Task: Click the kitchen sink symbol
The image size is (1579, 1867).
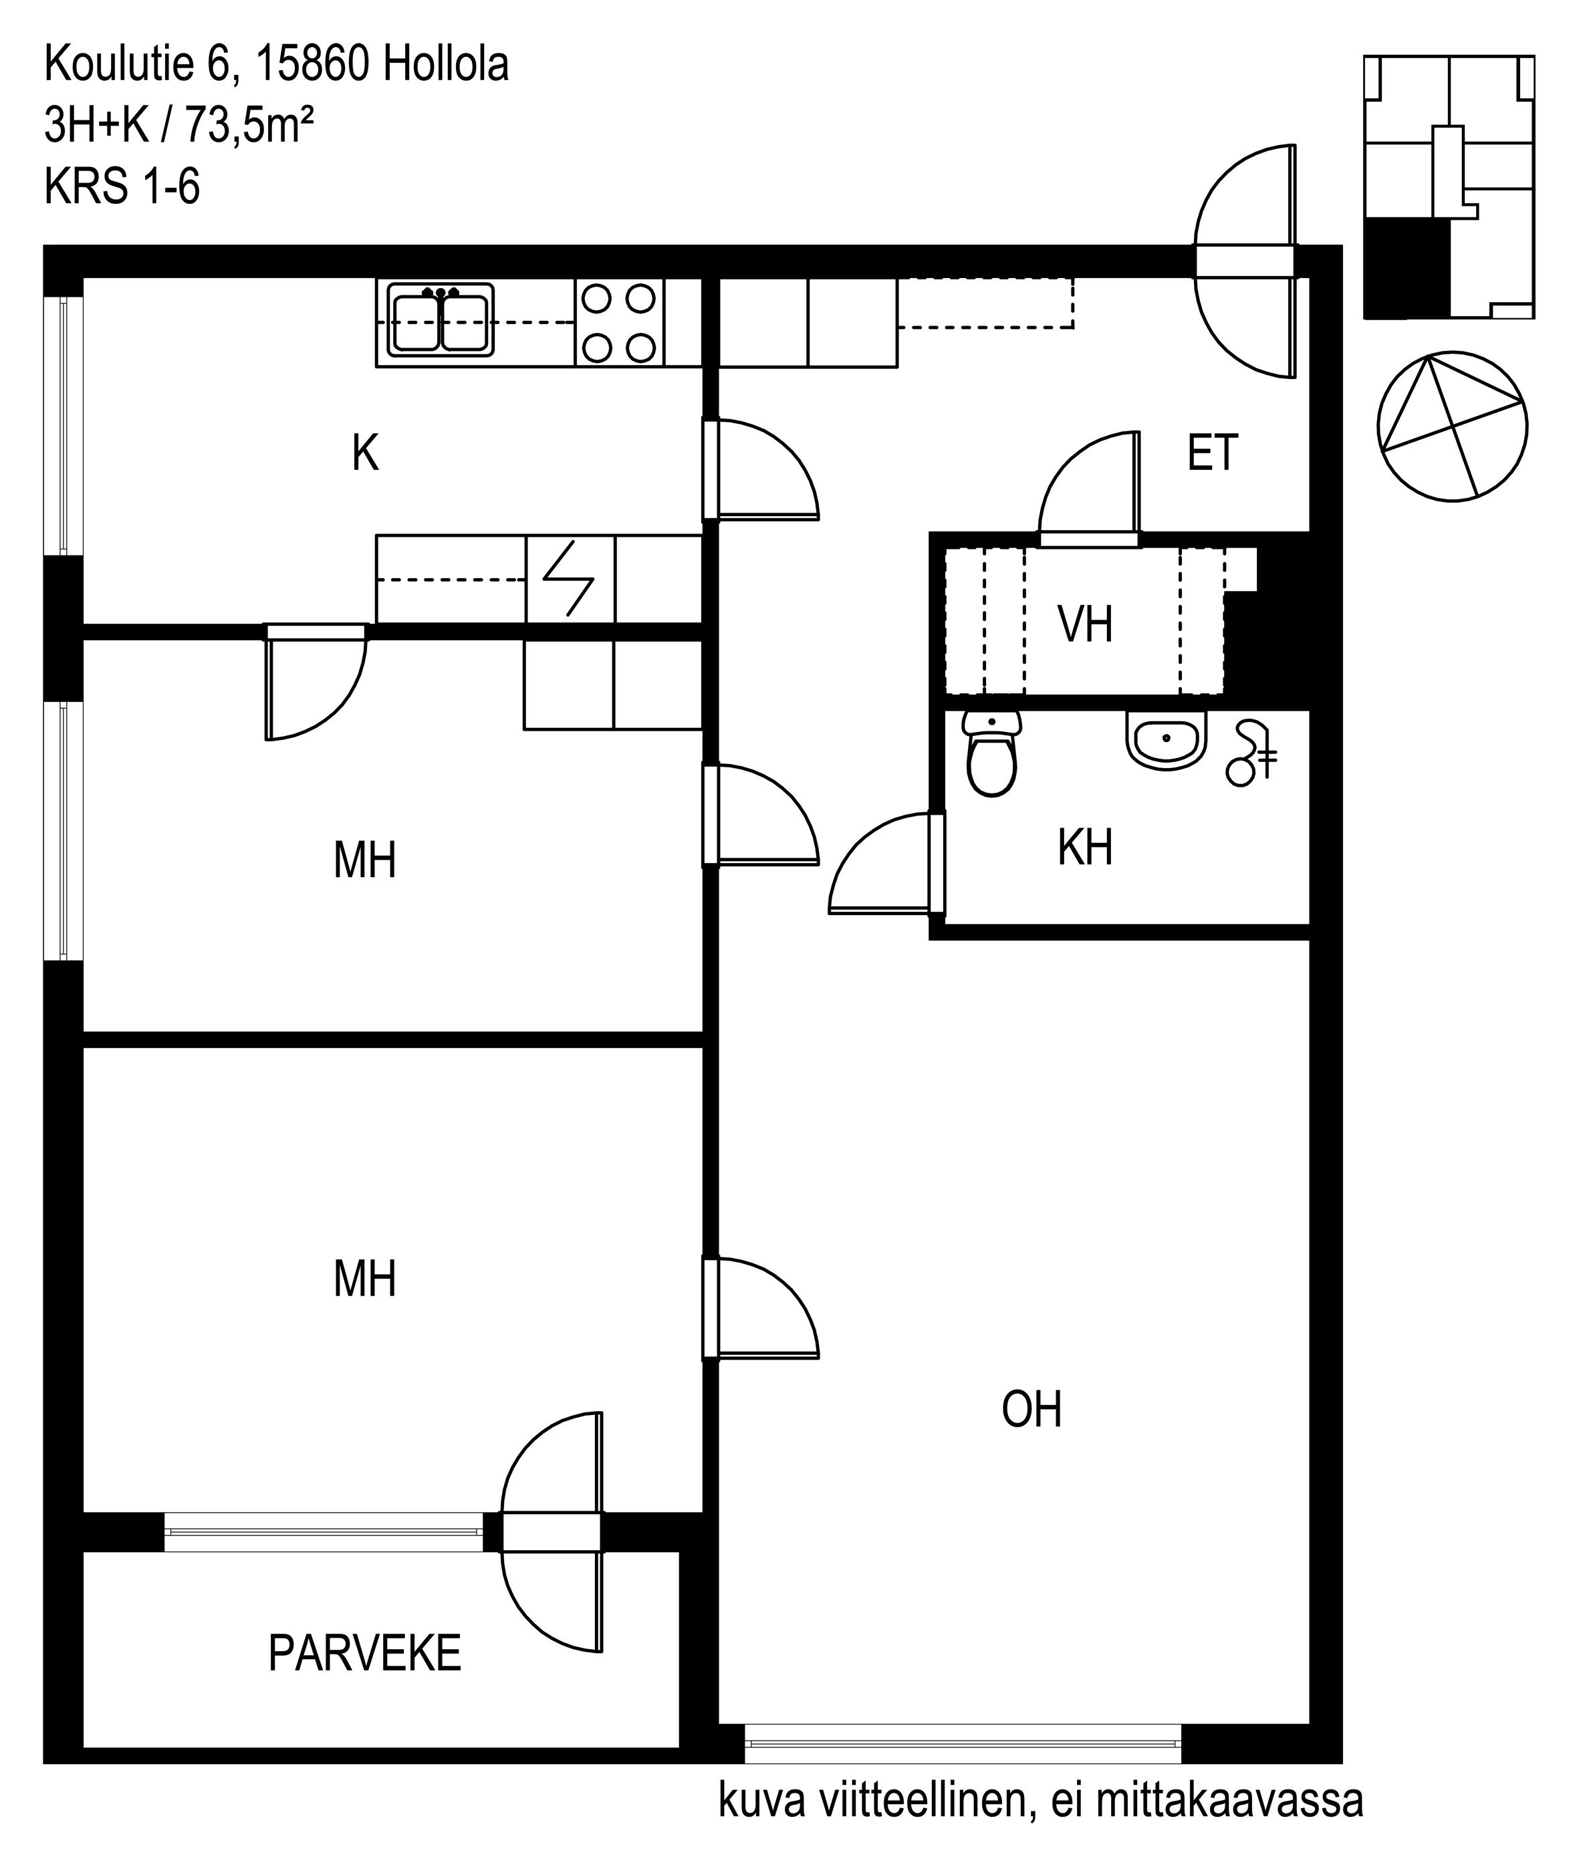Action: (x=441, y=320)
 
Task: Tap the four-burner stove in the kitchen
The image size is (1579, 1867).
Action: (x=620, y=322)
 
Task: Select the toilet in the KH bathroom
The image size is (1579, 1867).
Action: (x=992, y=753)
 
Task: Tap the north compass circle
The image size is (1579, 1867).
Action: (x=1452, y=426)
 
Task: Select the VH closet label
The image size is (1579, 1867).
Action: (x=1085, y=625)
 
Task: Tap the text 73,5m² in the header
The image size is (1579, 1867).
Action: (x=249, y=126)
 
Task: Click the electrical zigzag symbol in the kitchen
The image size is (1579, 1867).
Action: (x=570, y=579)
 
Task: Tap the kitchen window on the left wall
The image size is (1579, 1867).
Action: (x=63, y=425)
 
